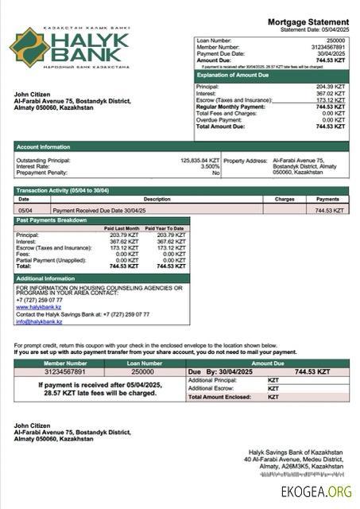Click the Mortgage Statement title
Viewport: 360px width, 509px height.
(308, 21)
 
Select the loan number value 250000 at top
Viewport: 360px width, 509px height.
(336, 39)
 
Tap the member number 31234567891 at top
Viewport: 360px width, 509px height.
(327, 46)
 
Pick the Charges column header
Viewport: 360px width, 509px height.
(285, 199)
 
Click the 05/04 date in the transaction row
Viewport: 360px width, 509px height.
(25, 210)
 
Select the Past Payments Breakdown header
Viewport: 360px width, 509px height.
(52, 220)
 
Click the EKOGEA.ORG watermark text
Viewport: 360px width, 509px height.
(316, 492)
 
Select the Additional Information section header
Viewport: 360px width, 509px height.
(46, 278)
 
